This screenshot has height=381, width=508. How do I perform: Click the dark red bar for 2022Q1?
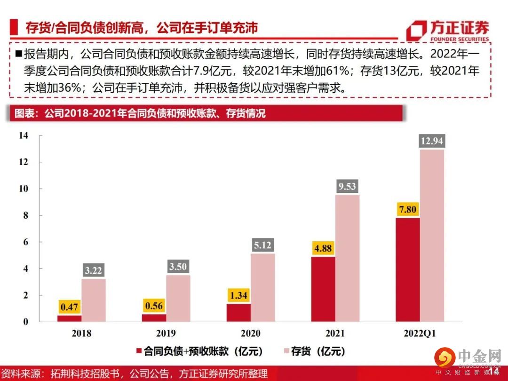(x=407, y=270)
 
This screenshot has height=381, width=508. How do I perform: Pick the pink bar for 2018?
(x=93, y=300)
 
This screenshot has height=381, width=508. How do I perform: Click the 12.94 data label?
(x=432, y=141)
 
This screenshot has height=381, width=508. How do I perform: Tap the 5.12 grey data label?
(x=262, y=245)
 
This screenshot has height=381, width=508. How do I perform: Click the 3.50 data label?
(x=178, y=267)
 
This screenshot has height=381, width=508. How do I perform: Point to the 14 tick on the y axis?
(x=24, y=135)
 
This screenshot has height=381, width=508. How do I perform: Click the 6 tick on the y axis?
(x=26, y=242)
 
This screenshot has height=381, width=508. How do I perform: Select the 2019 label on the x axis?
(x=166, y=333)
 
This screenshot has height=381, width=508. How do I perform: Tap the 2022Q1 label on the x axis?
(x=419, y=333)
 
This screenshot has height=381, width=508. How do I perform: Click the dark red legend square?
(x=139, y=351)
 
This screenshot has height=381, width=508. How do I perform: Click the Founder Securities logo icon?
(x=416, y=31)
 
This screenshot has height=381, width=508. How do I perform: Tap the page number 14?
(x=493, y=372)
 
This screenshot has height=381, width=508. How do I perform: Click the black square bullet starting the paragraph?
(x=19, y=53)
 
